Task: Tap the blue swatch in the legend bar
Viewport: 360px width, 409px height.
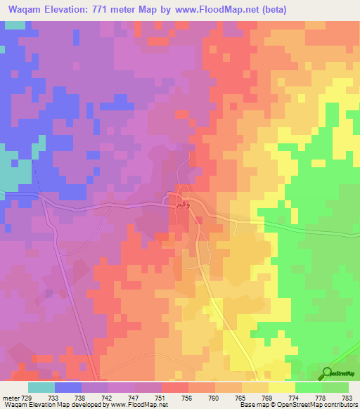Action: coord(68,387)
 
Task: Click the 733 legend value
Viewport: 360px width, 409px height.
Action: coord(68,396)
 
